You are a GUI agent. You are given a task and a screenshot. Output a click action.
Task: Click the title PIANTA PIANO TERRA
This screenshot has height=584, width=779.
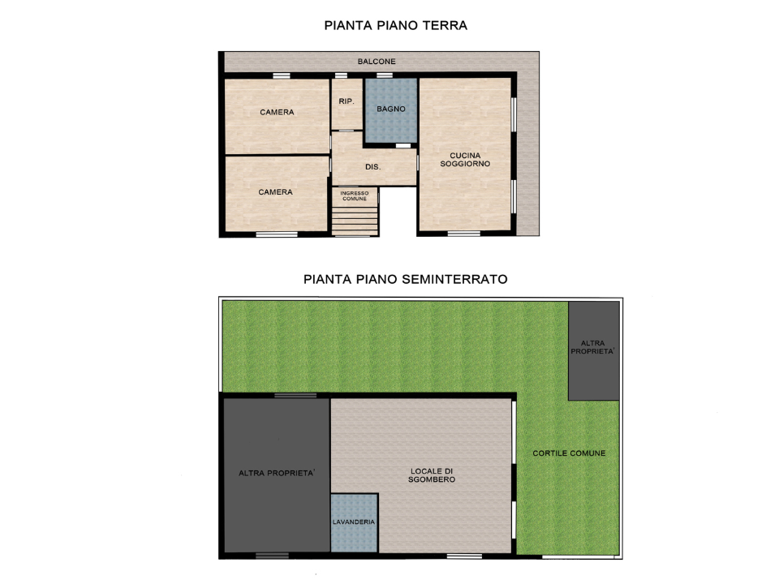point(395,25)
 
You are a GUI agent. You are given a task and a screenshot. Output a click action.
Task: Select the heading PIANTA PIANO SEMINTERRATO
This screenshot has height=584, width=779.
point(405,278)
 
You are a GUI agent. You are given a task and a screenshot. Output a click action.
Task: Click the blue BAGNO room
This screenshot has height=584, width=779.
point(390,109)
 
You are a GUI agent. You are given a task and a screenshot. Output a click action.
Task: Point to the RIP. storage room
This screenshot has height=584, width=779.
point(346,102)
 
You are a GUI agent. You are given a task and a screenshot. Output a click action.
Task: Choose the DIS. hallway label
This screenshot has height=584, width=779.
point(373,168)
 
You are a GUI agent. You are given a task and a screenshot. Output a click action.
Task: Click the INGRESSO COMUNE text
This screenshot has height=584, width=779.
point(355,195)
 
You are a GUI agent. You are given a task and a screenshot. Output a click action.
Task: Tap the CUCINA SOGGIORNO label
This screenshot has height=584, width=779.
point(465,160)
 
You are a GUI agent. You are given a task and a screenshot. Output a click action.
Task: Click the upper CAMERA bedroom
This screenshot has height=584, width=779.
point(277,113)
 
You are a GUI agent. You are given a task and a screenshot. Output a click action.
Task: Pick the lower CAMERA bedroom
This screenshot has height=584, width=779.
point(275,193)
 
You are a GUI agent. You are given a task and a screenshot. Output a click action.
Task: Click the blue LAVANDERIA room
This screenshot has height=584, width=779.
point(354,522)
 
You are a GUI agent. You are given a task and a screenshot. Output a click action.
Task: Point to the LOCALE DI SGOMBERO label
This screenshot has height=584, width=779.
point(433,475)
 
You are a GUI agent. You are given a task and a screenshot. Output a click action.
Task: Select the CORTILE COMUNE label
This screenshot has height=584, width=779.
point(569,453)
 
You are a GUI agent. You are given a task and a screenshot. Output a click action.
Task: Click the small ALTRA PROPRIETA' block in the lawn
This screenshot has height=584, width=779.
point(593,349)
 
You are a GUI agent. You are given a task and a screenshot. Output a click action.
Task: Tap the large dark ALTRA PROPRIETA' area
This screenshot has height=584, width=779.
point(276,474)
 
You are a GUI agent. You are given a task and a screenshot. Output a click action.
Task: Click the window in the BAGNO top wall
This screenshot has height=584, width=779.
point(384,76)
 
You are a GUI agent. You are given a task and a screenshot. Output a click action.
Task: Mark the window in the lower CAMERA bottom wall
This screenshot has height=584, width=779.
point(277,235)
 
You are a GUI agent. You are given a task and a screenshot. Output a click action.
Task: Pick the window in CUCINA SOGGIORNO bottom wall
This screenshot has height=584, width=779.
point(463,234)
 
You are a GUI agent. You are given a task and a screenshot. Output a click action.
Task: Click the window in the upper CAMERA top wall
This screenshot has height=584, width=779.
point(281,76)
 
